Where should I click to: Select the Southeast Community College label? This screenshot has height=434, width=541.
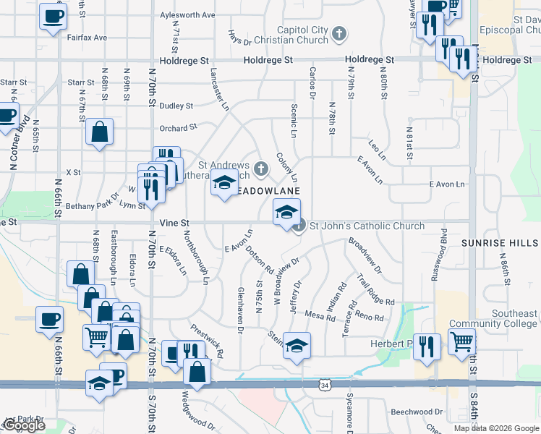(493, 319)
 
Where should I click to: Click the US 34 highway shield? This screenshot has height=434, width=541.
(325, 386)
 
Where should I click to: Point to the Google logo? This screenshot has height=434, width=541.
(24, 426)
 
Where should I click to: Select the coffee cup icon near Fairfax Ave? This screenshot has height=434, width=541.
(52, 17)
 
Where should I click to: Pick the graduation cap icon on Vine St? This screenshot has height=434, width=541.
(286, 213)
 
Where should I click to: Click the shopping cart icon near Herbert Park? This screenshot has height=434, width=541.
(461, 341)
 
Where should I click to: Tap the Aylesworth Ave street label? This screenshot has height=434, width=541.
(187, 14)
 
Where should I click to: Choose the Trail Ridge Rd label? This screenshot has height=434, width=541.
(375, 289)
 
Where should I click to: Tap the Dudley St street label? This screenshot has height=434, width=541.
(176, 106)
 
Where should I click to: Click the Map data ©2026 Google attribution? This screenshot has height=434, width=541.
(496, 428)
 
